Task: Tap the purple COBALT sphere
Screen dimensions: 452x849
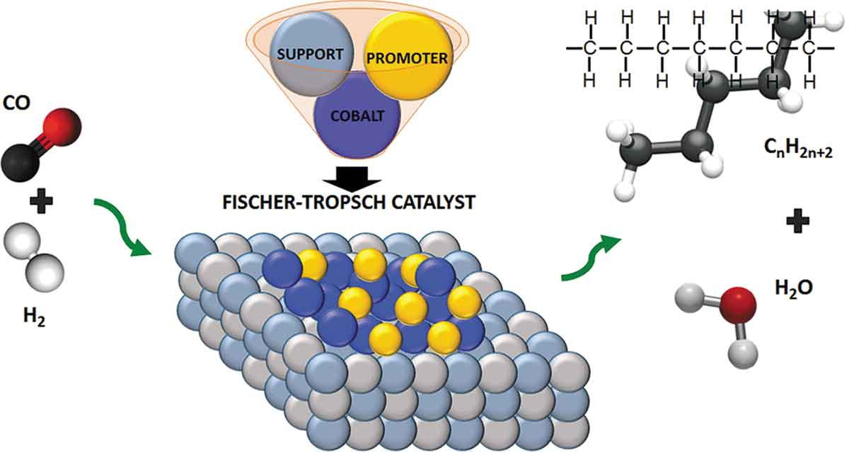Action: coord(357,116)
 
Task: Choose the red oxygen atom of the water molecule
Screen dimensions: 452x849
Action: coord(739,305)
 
